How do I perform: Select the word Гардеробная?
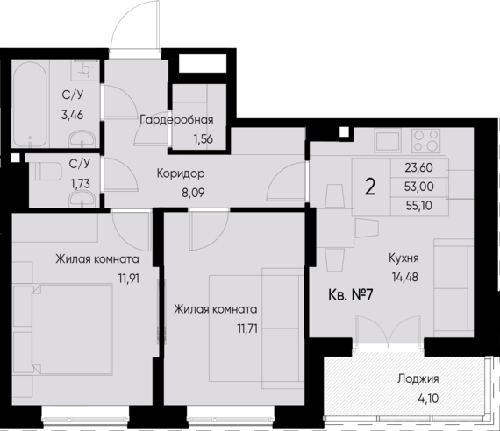tap(177, 120)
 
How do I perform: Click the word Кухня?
tap(404, 258)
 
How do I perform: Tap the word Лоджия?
tap(418, 379)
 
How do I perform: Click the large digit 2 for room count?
tap(370, 187)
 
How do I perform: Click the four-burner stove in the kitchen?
tap(426, 142)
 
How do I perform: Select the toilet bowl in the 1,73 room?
tap(36, 173)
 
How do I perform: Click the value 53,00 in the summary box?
tap(418, 186)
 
